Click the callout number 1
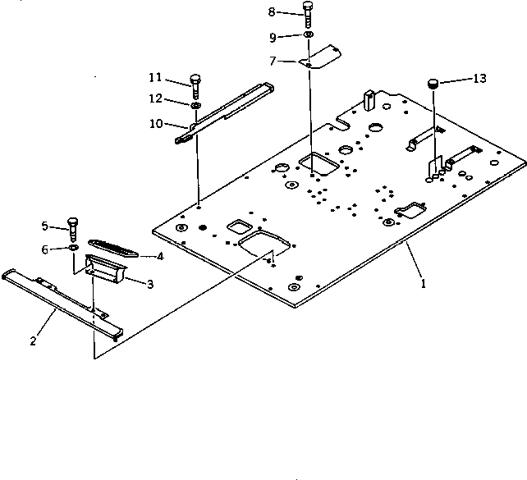click(x=424, y=284)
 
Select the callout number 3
click(x=150, y=284)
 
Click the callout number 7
click(x=272, y=60)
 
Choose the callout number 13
click(x=479, y=78)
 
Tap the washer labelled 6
click(x=73, y=247)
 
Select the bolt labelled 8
click(x=307, y=13)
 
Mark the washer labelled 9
click(x=307, y=36)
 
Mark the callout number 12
click(x=154, y=100)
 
